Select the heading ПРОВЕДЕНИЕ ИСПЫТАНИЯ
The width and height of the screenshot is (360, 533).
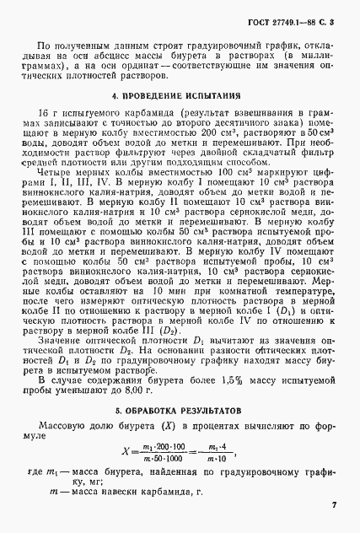tap(178, 96)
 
